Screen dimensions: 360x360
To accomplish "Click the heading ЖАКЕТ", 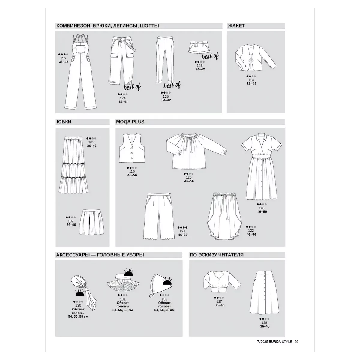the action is [236, 26].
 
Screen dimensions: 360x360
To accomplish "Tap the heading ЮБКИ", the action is [64, 122].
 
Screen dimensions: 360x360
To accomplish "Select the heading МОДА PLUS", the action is [130, 122].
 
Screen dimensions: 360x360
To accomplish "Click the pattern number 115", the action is [63, 58].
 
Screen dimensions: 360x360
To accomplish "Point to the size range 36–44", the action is [123, 102].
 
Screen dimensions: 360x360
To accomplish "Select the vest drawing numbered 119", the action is [132, 148].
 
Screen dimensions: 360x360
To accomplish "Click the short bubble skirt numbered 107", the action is [91, 222].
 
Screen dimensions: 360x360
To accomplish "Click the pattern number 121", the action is [182, 231].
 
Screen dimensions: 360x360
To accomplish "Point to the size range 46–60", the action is [183, 235].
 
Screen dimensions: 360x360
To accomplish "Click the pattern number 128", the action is [264, 323].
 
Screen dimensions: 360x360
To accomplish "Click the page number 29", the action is [296, 342].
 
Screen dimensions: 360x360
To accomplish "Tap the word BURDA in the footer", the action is [275, 342].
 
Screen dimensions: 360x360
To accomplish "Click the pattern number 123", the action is [262, 208].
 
